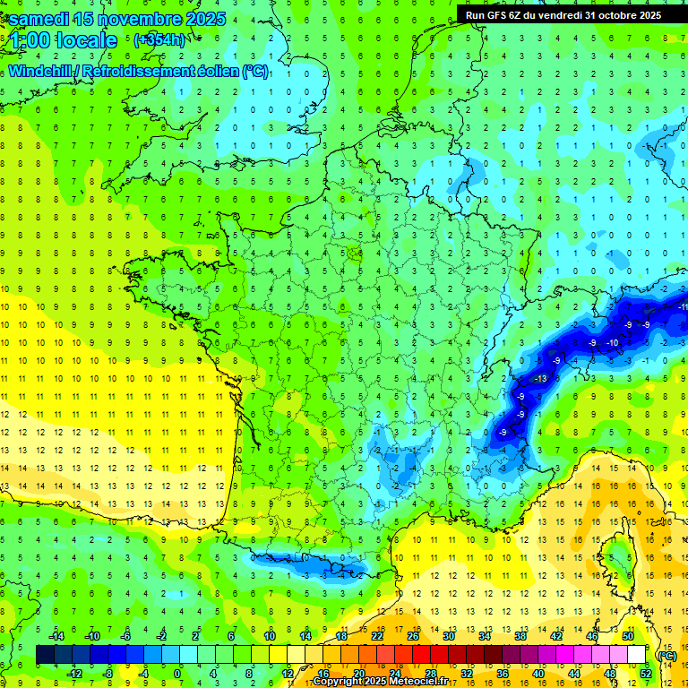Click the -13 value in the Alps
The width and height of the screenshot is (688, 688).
[540, 379]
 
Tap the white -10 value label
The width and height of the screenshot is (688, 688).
[613, 343]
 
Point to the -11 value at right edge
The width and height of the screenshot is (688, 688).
[683, 307]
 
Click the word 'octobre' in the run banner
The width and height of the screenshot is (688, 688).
[611, 15]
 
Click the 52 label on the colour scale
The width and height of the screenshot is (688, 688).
[645, 674]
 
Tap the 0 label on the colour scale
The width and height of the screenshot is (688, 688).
[177, 674]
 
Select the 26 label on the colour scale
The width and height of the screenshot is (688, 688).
[412, 635]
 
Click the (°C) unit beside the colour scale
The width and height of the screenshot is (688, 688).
[666, 655]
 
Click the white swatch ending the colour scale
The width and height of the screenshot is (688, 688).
[636, 655]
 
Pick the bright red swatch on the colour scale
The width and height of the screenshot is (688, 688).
[421, 655]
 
